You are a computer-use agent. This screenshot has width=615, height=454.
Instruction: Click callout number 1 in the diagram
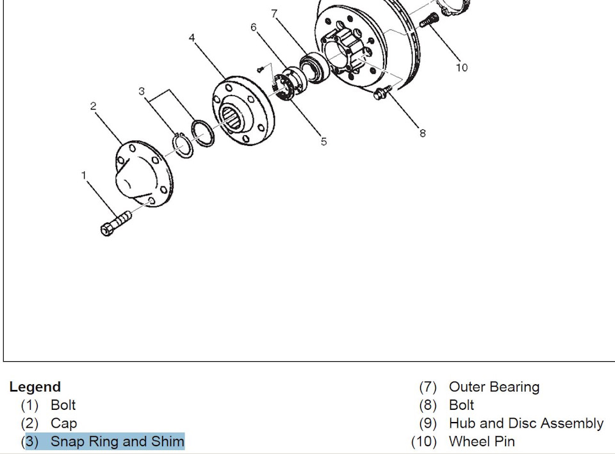[83, 175]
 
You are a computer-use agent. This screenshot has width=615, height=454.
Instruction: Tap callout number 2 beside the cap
[93, 106]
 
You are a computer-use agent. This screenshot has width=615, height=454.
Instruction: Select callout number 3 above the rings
[142, 92]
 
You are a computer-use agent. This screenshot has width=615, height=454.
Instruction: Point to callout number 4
[192, 38]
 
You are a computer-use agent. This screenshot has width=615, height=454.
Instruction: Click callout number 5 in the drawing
[324, 142]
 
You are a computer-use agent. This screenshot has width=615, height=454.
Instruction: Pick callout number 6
[254, 27]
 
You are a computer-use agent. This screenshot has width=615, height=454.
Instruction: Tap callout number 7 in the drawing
[274, 13]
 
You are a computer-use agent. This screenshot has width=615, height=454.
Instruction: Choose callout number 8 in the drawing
[422, 133]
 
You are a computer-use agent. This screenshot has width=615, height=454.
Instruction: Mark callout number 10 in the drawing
[462, 68]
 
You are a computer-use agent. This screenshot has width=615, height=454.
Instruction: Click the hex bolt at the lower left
[116, 223]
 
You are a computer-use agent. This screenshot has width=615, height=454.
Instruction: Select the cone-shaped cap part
[143, 174]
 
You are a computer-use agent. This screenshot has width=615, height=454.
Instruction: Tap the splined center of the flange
[231, 117]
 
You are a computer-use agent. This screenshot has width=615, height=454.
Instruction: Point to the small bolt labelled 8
[382, 92]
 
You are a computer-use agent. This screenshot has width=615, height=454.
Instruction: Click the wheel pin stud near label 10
[429, 20]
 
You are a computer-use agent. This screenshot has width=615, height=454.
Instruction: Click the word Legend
[35, 387]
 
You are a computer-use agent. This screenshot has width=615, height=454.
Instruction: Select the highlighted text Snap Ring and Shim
[117, 441]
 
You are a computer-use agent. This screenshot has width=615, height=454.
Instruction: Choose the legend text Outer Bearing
[494, 387]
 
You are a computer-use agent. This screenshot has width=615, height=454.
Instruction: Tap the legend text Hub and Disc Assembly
[527, 423]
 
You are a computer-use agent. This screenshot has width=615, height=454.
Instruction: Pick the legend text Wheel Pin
[482, 441]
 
